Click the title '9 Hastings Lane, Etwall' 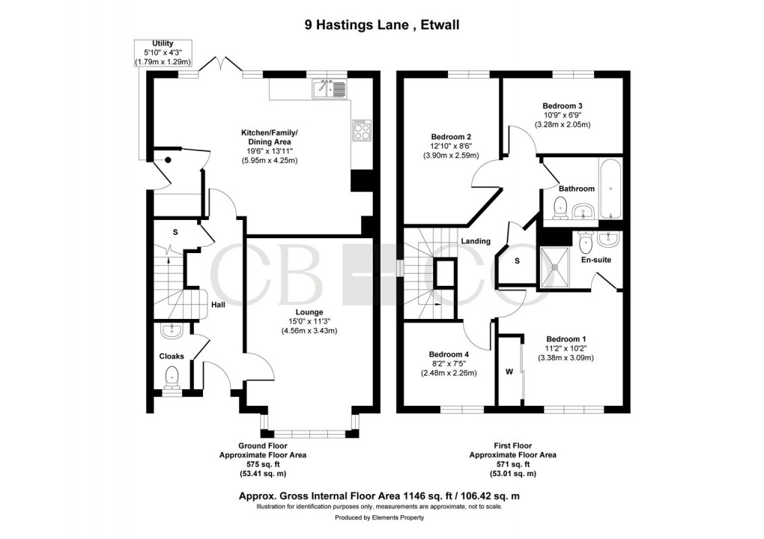coord(382,25)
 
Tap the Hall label coord(218,305)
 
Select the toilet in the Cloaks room coord(172,377)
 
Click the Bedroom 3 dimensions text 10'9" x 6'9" coord(562,115)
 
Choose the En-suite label coord(596,261)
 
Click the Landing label coord(476,241)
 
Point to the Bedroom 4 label coord(449,354)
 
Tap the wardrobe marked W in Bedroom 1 coord(509,371)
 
